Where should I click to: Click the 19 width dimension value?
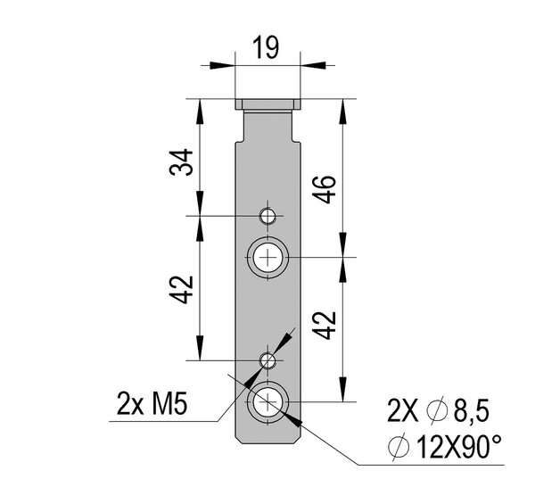(x=266, y=47)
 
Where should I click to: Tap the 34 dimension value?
(x=181, y=161)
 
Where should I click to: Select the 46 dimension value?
(x=325, y=189)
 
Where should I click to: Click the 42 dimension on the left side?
(x=181, y=290)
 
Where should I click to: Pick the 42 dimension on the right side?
(x=325, y=326)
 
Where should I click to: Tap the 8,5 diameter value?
(x=471, y=410)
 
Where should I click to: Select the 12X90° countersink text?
(x=459, y=447)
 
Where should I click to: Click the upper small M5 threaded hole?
(x=267, y=216)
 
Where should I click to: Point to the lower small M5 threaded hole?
(x=267, y=360)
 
